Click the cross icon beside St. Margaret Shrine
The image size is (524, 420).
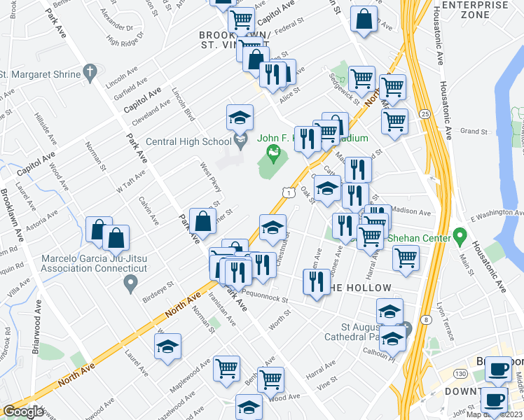[x=88, y=71]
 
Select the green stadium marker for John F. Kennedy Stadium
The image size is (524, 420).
[x=275, y=151]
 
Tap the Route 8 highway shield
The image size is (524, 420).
[x=425, y=320]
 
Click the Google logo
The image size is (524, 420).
[x=22, y=412]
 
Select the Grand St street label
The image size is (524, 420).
[x=474, y=131]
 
